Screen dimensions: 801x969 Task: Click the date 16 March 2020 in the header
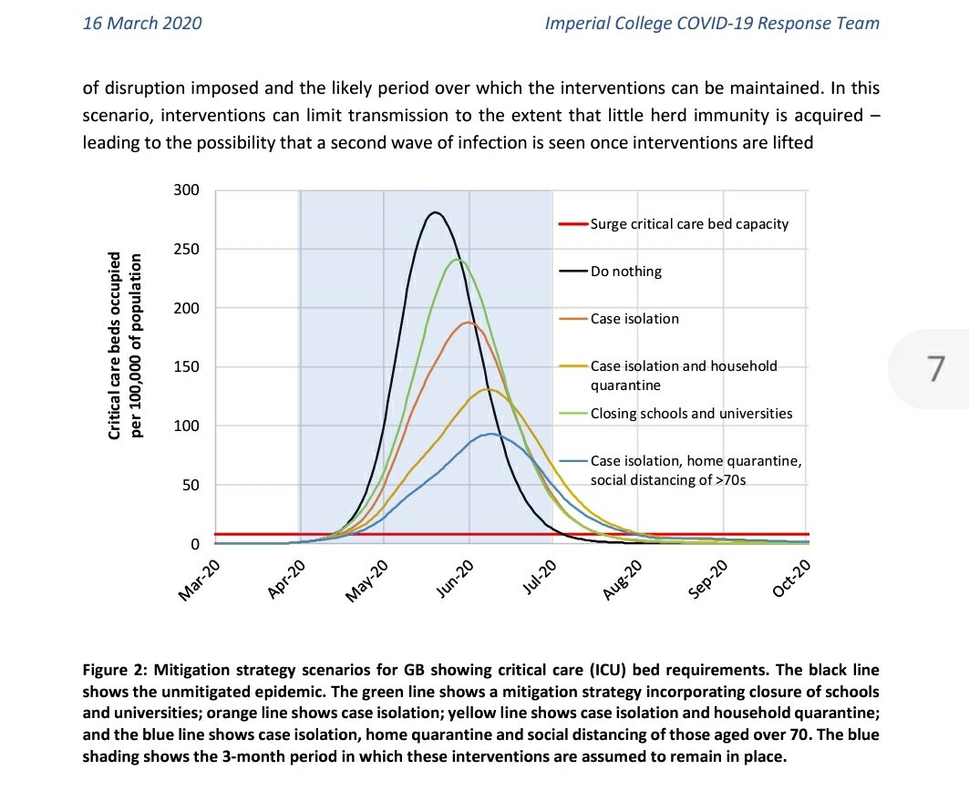[142, 24]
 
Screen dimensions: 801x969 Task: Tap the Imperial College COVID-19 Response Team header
[712, 24]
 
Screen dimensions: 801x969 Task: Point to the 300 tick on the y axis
[186, 190]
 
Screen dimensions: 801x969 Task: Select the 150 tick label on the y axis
[186, 367]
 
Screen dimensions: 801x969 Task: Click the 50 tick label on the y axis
[190, 485]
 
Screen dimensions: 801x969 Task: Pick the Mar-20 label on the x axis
[198, 580]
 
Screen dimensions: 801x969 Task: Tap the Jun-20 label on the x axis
[453, 580]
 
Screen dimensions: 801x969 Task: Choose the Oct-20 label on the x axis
[790, 580]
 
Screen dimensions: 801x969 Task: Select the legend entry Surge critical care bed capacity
[689, 224]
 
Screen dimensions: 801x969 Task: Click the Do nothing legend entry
[626, 272]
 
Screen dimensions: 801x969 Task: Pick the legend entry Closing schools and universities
[691, 414]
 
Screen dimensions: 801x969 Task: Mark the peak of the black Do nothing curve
[436, 212]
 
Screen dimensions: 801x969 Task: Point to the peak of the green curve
[459, 260]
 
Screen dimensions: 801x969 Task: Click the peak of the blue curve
[490, 434]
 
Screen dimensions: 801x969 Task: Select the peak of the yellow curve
[488, 389]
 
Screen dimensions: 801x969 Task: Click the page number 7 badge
[934, 368]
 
